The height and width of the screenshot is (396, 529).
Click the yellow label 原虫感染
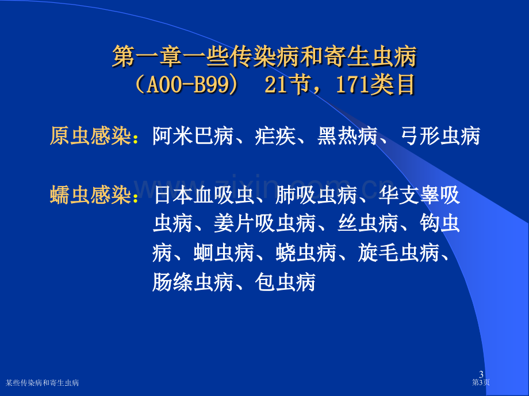pos(90,136)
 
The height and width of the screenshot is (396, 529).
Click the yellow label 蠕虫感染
pos(90,195)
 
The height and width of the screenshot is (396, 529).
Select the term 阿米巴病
pos(193,136)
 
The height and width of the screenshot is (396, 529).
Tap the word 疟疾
pos(275,136)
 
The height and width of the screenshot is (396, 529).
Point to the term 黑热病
pos(347,136)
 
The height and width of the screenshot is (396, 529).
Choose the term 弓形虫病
pos(440,136)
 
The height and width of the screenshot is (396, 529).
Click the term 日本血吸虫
pos(204,195)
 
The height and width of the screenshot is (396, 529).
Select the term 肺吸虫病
pos(316,195)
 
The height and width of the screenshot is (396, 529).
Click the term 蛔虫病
pos(224,253)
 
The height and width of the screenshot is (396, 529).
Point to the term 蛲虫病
pos(306,253)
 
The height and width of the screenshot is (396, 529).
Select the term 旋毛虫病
pos(399,253)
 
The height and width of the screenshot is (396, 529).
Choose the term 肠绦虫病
pos(193,282)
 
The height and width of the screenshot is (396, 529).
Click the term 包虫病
pos(285,282)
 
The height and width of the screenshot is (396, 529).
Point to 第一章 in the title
pos(147,56)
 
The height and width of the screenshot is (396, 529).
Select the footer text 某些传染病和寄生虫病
pos(42,383)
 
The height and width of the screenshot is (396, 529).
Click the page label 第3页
pos(481,382)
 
